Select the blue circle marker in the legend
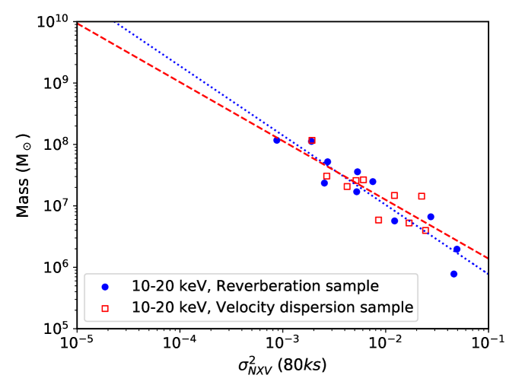tap(106, 287)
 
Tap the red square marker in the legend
tap(106, 307)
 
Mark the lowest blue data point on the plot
tap(454, 274)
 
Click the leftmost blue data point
tap(277, 140)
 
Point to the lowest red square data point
tap(425, 230)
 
